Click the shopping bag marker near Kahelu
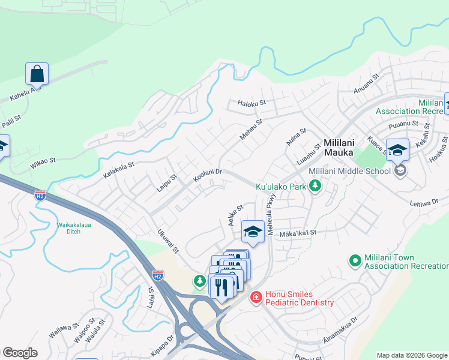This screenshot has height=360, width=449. click(37, 74)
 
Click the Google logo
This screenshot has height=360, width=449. click(20, 353)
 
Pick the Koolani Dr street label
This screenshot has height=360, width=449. click(208, 176)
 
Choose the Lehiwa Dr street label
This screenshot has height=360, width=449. click(426, 203)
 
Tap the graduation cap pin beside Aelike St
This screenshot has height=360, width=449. click(253, 231)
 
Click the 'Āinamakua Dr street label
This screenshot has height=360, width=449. click(340, 330)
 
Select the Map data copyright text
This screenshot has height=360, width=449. click(412, 355)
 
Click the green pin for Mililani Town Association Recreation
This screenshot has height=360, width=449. click(355, 260)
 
